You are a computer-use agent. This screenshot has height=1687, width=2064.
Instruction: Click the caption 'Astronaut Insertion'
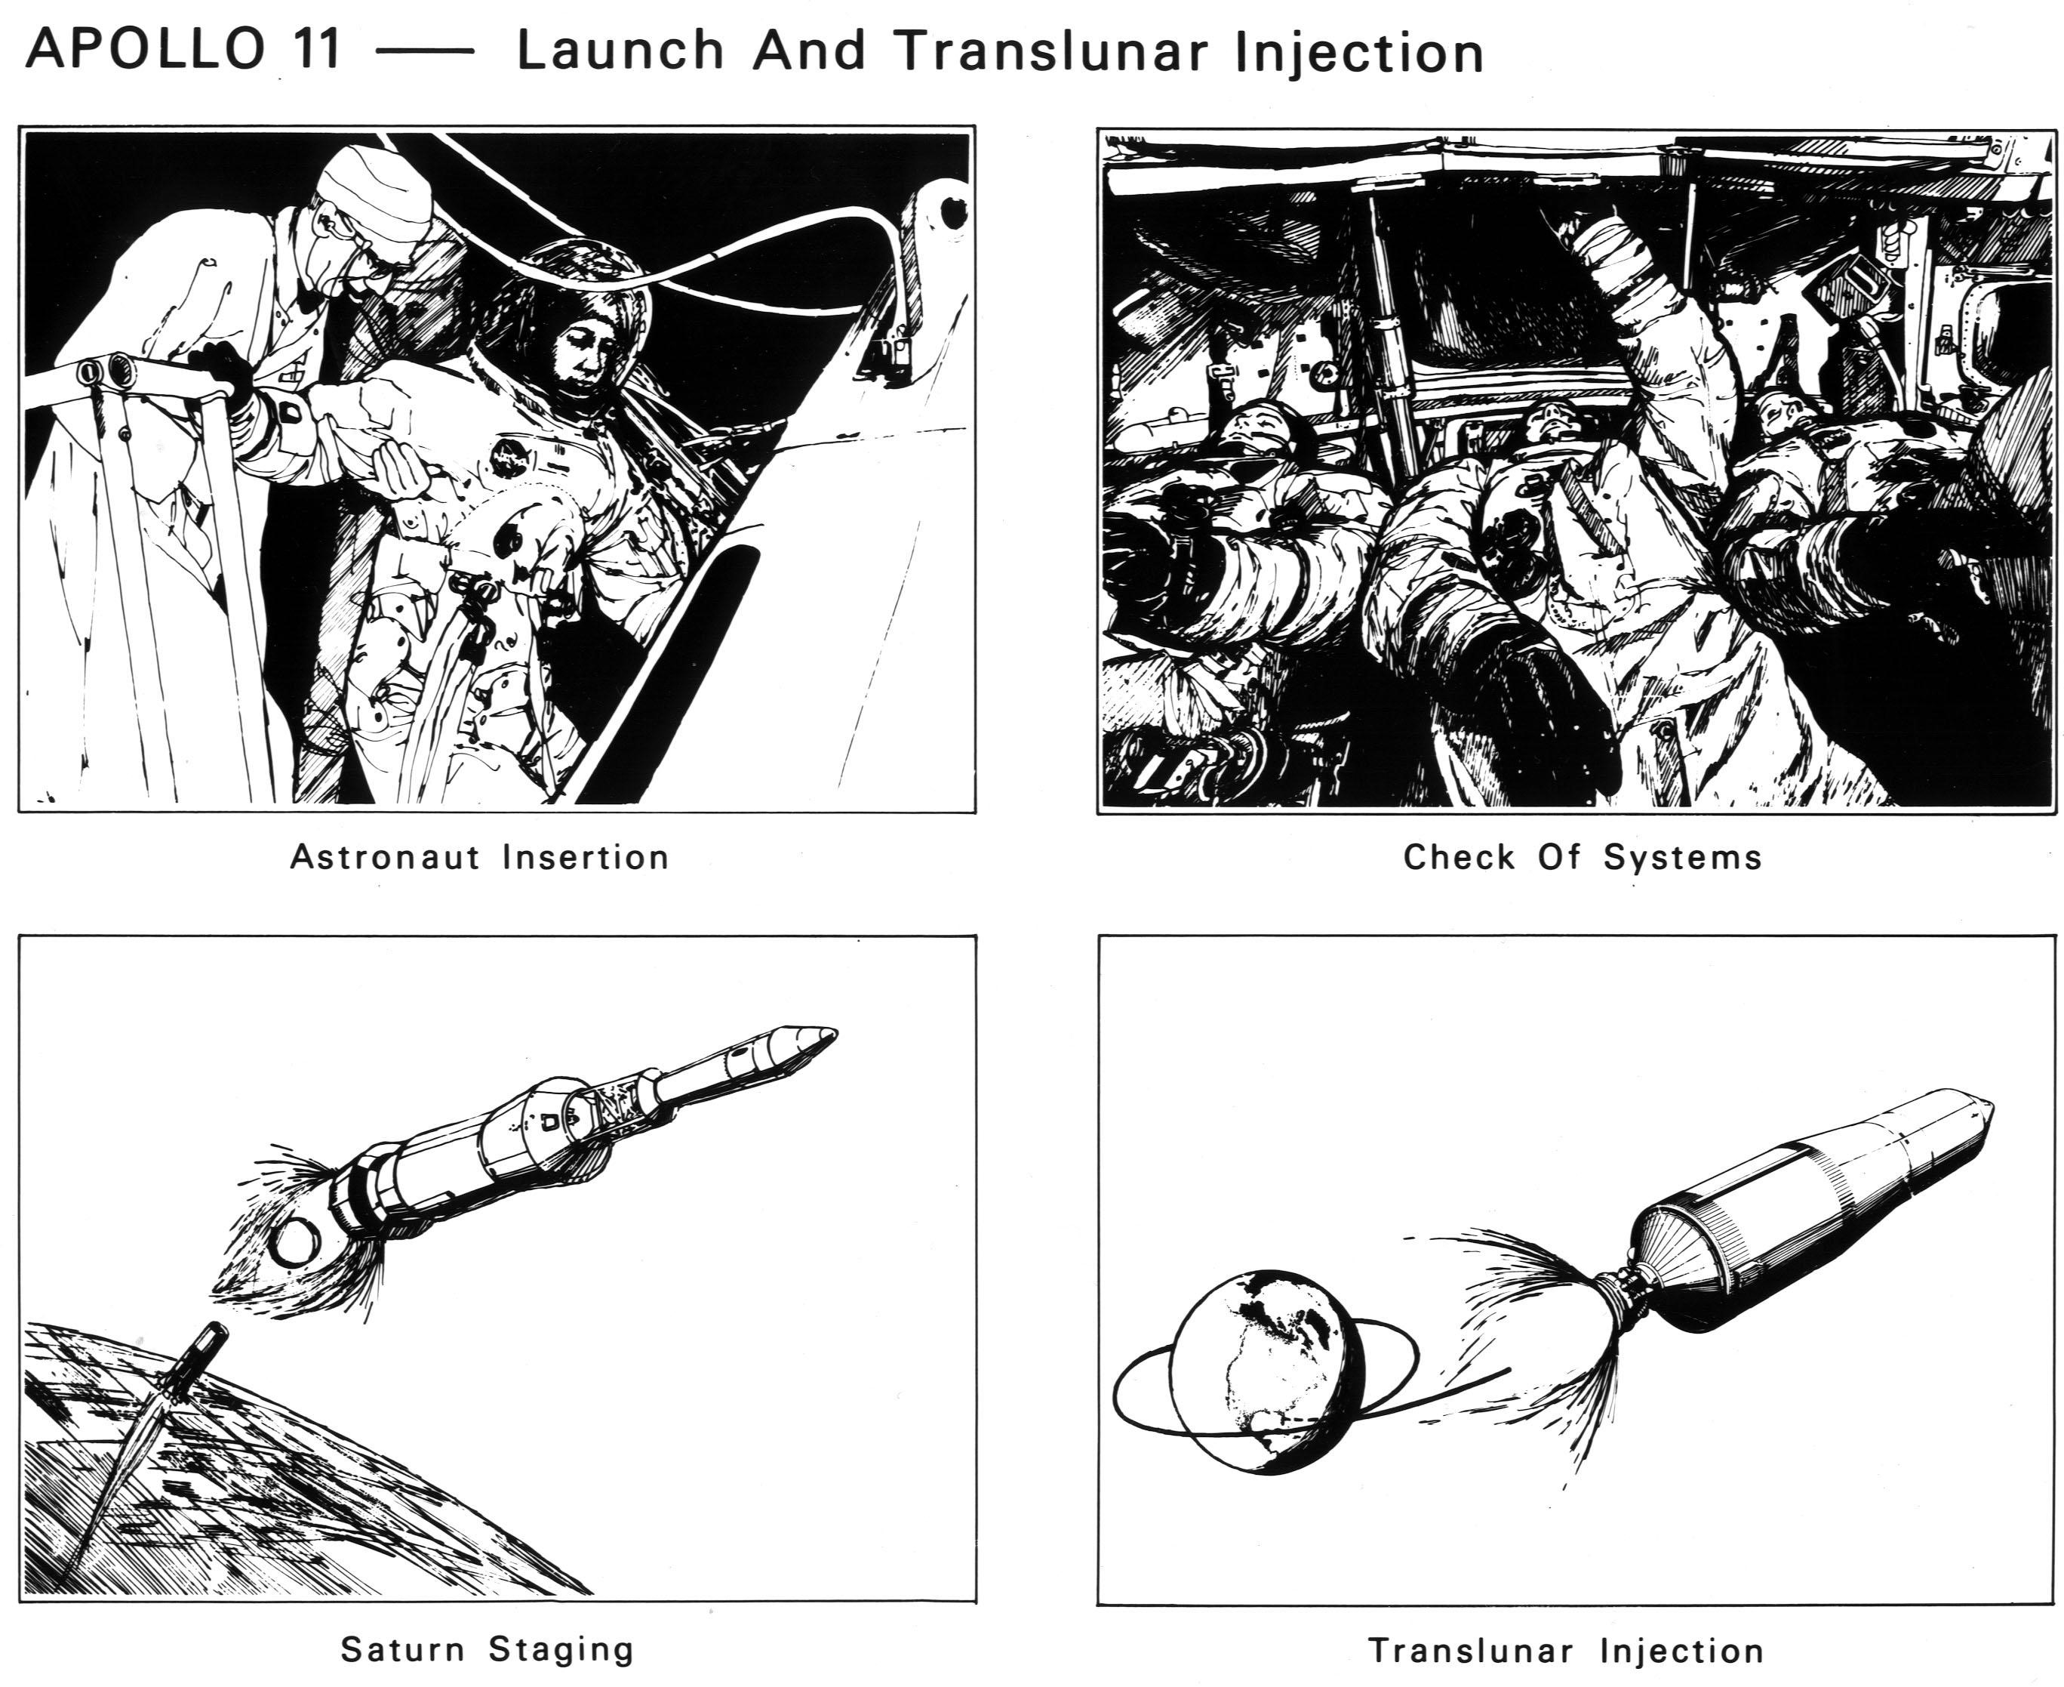[480, 857]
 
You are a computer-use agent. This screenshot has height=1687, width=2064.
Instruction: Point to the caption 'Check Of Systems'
[1583, 857]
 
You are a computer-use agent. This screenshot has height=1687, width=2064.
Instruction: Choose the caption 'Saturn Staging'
[488, 1649]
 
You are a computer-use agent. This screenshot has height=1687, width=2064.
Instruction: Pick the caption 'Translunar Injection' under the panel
[1566, 1650]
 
